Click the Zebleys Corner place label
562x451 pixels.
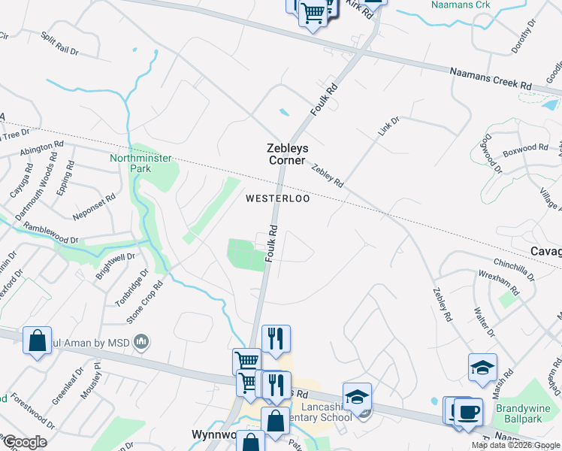click(x=287, y=154)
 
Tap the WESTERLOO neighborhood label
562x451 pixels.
click(x=278, y=199)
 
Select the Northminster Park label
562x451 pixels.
click(x=140, y=163)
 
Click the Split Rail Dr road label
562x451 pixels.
click(x=59, y=45)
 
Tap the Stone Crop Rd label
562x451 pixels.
click(x=144, y=302)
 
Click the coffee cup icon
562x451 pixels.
click(x=469, y=413)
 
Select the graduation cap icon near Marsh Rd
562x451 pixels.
click(x=482, y=368)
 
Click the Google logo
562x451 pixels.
click(x=25, y=442)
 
